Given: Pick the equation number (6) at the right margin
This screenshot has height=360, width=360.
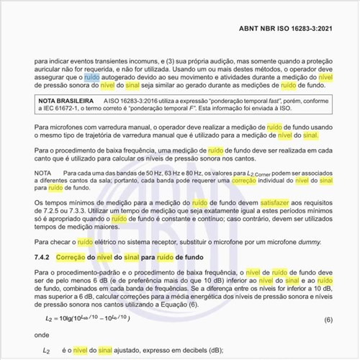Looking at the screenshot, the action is pyautogui.click(x=328, y=318).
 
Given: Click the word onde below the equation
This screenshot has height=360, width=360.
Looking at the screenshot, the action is pyautogui.click(x=42, y=335).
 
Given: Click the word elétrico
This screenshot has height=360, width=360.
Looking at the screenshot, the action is pyautogui.click(x=114, y=243).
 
